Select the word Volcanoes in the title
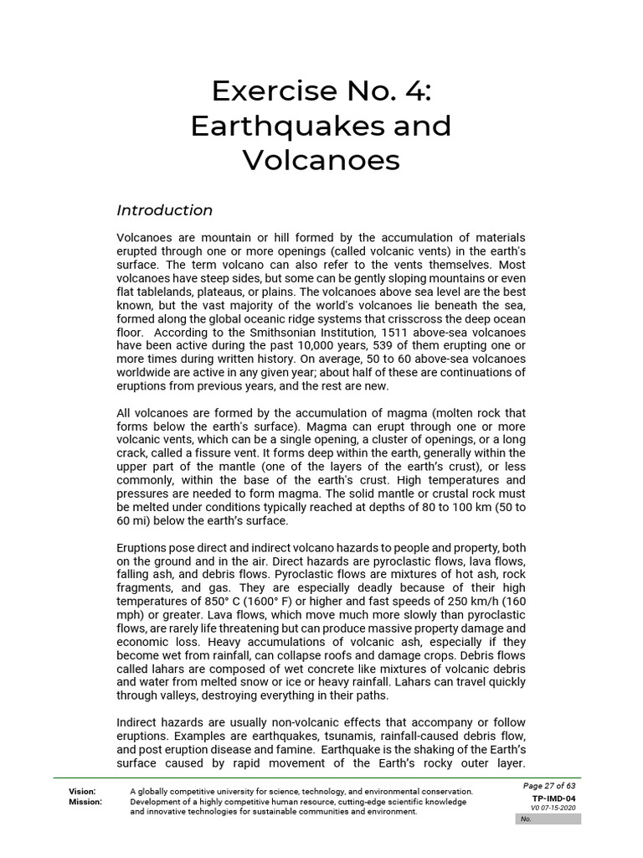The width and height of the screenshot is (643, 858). (321, 160)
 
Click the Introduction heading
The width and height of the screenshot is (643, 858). (165, 210)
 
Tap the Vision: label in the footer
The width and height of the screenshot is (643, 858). (82, 792)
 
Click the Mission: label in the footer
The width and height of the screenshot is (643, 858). (85, 802)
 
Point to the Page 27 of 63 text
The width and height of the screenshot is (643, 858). (549, 786)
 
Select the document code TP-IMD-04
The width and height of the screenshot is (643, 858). (553, 799)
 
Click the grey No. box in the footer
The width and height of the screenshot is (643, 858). (548, 819)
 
